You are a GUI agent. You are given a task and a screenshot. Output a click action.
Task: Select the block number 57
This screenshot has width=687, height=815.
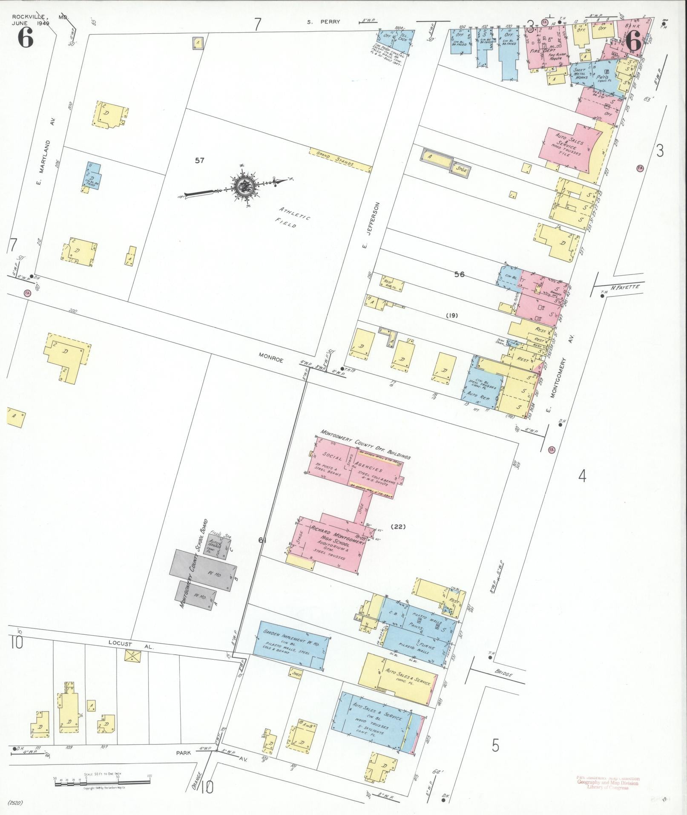199,161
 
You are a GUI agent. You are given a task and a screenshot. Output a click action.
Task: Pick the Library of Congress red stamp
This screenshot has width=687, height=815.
608,783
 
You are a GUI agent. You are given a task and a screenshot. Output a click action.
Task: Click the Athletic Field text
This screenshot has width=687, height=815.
294,217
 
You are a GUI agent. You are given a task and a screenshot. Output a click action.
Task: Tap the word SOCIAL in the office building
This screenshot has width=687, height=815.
332,457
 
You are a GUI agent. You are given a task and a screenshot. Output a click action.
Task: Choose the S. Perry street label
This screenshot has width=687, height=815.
324,22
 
